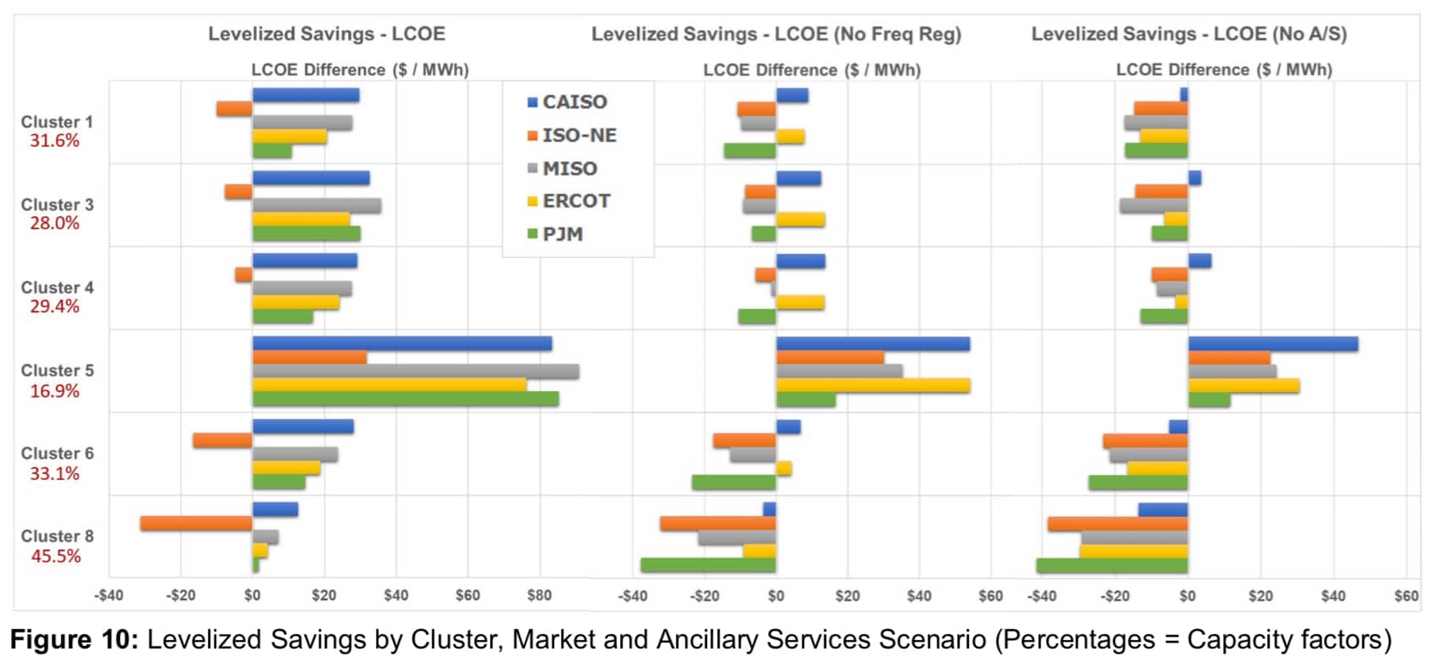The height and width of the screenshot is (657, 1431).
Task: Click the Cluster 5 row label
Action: coord(57,371)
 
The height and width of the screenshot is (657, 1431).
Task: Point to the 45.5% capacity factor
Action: coord(56,557)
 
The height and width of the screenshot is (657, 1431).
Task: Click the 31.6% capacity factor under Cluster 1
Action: coord(55,141)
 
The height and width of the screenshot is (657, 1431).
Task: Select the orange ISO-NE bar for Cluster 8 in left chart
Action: coord(196,524)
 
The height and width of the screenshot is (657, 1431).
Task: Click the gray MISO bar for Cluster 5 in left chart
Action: coord(416,372)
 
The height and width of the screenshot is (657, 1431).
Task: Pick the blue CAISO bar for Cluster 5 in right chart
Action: coord(1272,345)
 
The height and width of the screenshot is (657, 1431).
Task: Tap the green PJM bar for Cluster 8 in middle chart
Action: coord(708,565)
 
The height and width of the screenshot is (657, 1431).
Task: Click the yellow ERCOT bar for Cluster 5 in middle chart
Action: coord(873,386)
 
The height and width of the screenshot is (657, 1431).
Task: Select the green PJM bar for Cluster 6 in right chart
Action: coord(1138,482)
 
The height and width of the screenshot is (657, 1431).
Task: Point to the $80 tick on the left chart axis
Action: coord(539,595)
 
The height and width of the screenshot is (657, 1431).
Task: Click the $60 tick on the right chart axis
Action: coord(1406,595)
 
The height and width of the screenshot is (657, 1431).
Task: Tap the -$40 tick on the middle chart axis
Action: coord(633,595)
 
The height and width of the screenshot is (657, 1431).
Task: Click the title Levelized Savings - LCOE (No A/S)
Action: coord(1189,35)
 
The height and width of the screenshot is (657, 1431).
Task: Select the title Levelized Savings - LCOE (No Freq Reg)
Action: coord(775,35)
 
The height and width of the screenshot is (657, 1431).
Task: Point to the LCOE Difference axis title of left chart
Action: coord(360,70)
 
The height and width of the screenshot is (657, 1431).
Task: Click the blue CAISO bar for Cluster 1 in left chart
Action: coord(306,95)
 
